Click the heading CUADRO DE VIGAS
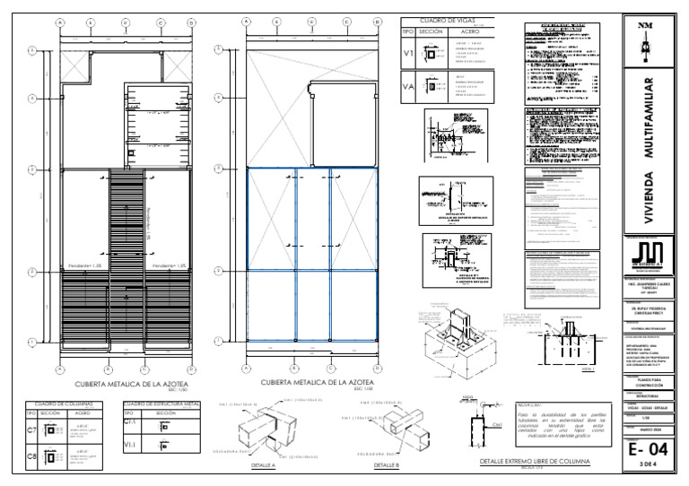click(x=440, y=19)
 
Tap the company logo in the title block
click(x=646, y=255)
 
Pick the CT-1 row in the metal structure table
click(x=130, y=421)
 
